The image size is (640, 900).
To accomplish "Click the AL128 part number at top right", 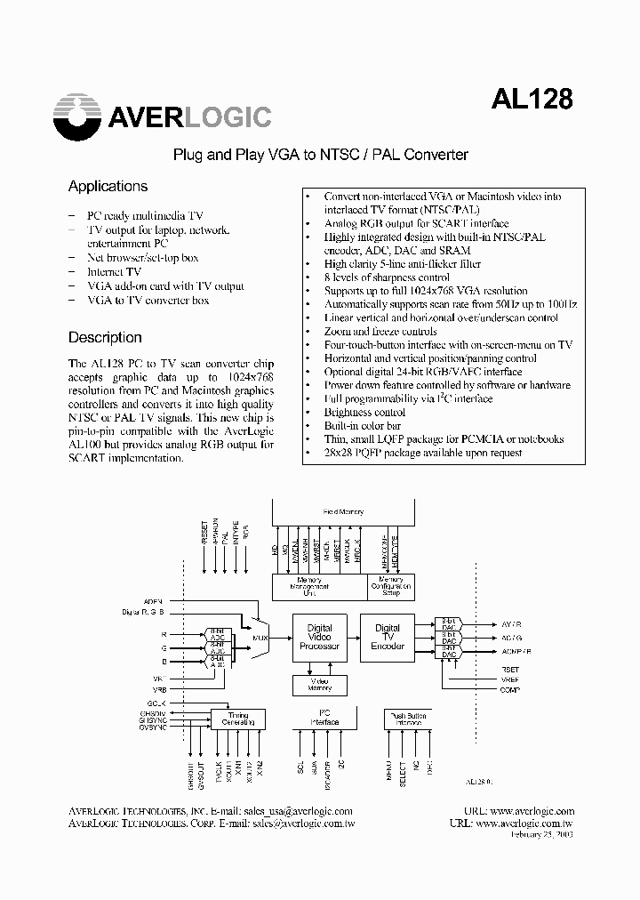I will point(532,99).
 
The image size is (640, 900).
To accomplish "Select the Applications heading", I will point(108,187).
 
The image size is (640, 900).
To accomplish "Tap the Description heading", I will point(105,338).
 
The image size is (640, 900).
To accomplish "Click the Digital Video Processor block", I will point(319,637).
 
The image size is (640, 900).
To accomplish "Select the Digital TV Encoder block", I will point(388,637).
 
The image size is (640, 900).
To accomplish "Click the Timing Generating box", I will point(238,719).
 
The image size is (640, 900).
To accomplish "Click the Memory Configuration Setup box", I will point(390,586).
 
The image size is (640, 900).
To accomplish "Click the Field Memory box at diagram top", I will point(342,512).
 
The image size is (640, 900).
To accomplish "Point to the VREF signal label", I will point(509,679).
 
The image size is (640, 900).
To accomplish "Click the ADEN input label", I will point(152,601).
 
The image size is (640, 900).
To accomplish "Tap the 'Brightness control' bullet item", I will point(364,413).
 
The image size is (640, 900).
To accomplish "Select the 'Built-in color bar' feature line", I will point(361,426).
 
